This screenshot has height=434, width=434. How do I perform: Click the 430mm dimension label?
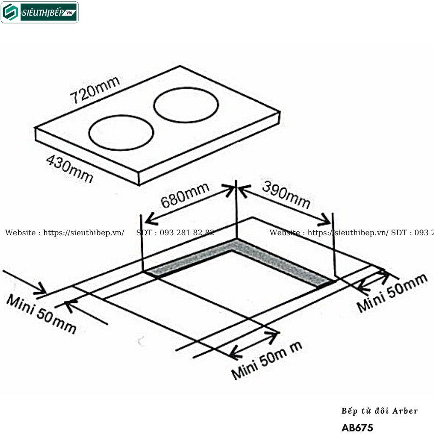pyautogui.click(x=69, y=169)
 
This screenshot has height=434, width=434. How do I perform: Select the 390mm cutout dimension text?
pyautogui.click(x=286, y=195)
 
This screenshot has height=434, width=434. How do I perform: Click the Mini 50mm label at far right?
pyautogui.click(x=392, y=293)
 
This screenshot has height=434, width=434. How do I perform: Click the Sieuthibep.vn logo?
pyautogui.click(x=40, y=12)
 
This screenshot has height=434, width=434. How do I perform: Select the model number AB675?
pyautogui.click(x=357, y=427)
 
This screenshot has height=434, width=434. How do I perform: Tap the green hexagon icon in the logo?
pyautogui.click(x=10, y=13)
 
